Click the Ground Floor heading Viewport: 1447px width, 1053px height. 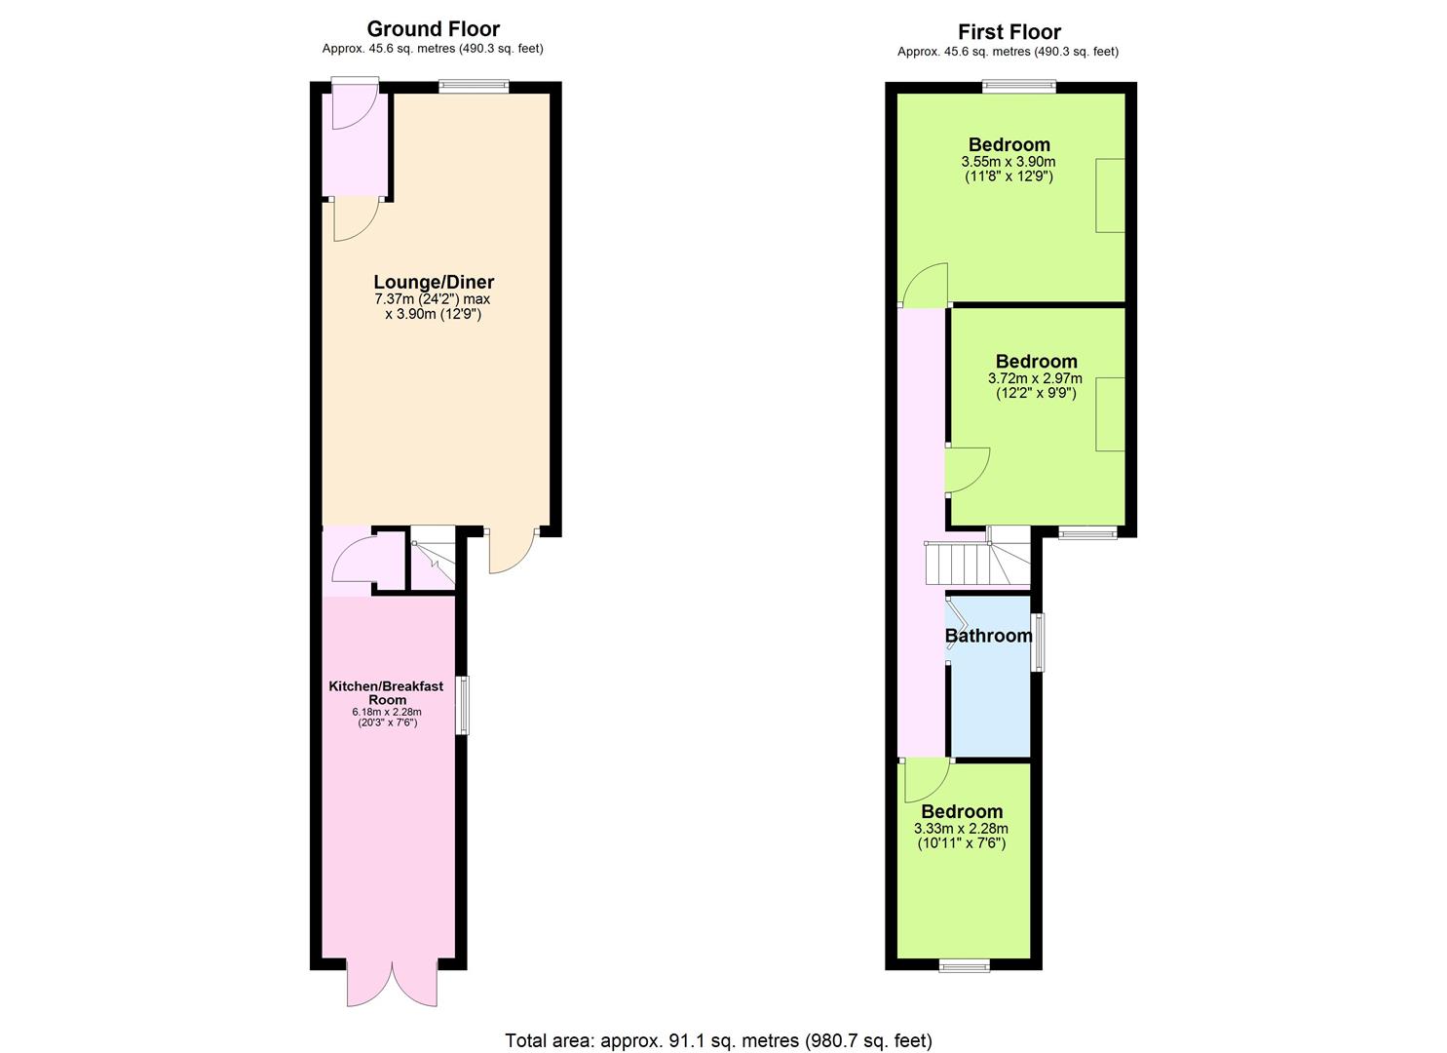[433, 29]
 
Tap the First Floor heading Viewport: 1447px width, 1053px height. [1009, 31]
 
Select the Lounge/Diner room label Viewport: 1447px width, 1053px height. [434, 282]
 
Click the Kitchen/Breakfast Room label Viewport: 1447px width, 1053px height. [386, 692]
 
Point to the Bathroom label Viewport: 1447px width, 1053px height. [988, 636]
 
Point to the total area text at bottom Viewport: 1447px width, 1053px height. [718, 1023]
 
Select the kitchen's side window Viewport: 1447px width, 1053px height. [463, 705]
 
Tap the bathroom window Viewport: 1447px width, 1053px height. [1037, 642]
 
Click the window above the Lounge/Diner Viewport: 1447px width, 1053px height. [474, 86]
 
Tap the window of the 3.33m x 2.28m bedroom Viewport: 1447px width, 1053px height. [964, 965]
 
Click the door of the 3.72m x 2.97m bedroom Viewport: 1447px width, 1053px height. [967, 470]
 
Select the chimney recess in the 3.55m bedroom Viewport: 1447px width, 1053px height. [1110, 195]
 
